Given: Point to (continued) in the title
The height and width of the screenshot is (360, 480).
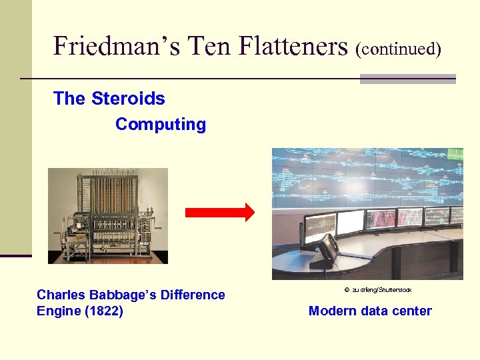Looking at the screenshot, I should [x=399, y=49].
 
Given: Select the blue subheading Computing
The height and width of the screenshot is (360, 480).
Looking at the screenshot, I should [x=161, y=125].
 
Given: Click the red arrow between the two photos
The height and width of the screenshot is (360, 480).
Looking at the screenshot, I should [x=219, y=213].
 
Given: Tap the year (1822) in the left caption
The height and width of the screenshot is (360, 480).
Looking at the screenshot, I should [x=104, y=311].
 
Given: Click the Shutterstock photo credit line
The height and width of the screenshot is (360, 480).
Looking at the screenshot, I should [x=377, y=290].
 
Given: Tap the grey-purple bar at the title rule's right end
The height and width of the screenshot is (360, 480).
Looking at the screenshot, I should [x=407, y=79].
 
